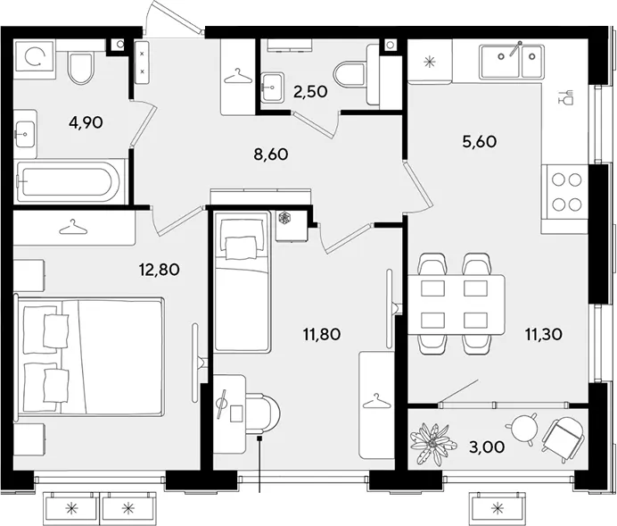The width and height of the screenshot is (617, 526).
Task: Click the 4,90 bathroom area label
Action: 86,123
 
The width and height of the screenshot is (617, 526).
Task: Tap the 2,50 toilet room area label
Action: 310,92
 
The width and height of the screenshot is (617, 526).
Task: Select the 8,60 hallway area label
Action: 271,154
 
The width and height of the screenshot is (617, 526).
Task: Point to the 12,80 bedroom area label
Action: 159,270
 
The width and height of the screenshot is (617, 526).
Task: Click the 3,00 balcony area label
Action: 487,447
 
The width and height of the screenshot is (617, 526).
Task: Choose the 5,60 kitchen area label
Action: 480,141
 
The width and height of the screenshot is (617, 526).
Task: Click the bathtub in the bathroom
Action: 68,182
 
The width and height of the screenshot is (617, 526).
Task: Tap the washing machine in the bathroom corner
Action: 34,57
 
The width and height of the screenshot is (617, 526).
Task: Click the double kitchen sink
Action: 512,61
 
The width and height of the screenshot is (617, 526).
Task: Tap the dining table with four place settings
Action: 456,305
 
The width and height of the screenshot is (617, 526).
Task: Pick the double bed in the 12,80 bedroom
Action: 89,356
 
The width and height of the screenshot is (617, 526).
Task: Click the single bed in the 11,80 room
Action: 243,281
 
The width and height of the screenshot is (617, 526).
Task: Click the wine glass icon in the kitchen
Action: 566,97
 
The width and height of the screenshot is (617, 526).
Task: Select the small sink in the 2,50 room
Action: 272,87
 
